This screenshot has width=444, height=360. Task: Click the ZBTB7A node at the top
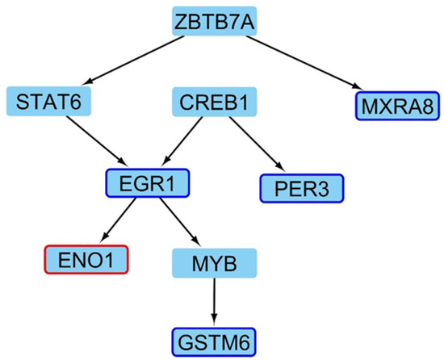pos(215,21)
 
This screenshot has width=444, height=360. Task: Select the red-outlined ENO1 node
pos(85,260)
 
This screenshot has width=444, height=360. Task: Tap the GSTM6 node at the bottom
pos(215,339)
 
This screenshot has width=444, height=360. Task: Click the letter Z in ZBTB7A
pos(182,22)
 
